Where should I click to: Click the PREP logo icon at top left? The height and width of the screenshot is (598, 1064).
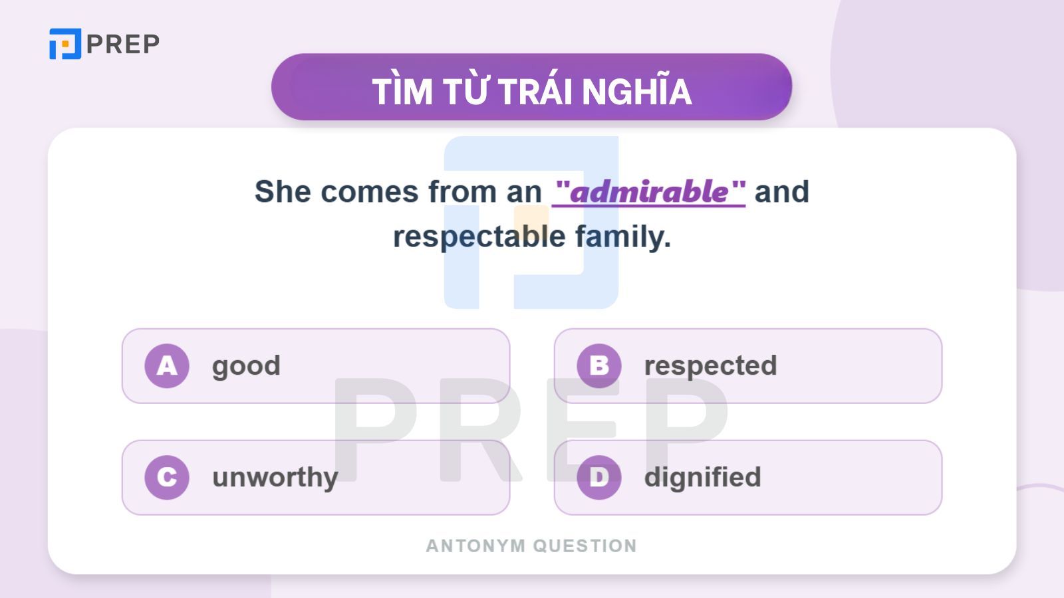65,44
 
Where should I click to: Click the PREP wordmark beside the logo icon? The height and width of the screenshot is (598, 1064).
123,45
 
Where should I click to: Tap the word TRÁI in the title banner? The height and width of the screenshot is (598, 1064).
537,91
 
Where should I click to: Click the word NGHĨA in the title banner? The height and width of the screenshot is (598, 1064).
637,91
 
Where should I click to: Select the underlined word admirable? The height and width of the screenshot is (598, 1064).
649,192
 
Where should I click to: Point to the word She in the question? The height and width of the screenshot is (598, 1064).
283,192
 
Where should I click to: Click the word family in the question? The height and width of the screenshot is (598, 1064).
622,237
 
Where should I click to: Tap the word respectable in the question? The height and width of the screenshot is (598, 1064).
479,237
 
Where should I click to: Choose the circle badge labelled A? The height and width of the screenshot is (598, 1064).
167,365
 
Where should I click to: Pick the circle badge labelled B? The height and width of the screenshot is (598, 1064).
599,365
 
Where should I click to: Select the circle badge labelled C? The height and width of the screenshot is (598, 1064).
167,477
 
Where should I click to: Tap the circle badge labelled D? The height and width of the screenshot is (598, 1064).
599,477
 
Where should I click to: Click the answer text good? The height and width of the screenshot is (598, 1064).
246,366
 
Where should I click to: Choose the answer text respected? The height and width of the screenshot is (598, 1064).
710,366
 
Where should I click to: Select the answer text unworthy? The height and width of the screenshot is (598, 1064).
275,478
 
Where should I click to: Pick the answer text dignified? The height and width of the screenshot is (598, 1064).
702,478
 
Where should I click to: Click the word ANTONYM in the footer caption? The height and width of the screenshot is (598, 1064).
475,546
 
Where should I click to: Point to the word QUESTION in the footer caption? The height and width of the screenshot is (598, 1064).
585,546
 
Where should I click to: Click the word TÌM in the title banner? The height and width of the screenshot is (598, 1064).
402,91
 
